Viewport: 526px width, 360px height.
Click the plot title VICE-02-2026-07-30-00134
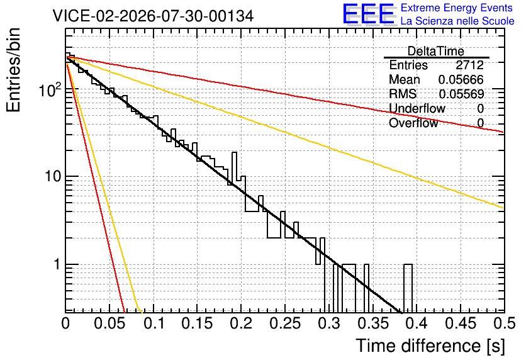pos(153,16)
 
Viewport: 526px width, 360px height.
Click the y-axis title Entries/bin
pos(13,70)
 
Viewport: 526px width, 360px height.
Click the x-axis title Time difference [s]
pos(430,346)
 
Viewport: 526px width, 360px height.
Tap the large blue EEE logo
pos(369,14)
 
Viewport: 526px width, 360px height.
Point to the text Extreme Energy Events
pos(457,8)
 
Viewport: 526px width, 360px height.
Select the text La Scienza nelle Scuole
pos(457,21)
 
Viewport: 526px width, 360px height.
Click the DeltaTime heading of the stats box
pos(436,51)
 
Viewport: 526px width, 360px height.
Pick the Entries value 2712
pos(469,65)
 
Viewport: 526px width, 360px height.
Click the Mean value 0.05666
pos(461,79)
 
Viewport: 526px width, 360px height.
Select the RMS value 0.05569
pos(461,94)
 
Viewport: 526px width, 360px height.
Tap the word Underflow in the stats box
pos(417,108)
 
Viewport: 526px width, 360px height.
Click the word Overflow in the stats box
pos(413,123)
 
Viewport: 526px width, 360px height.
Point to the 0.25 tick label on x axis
pos(285,323)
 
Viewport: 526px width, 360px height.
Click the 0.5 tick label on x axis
pos(504,323)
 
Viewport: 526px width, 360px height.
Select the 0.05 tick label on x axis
pos(109,323)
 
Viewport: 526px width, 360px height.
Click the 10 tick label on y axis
pos(53,176)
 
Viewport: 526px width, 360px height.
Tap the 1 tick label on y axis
pos(57,264)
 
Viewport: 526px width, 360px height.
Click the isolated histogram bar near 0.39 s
pos(408,288)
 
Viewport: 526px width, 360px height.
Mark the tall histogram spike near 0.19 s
pos(235,169)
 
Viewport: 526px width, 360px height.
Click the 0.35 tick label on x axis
pos(373,323)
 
